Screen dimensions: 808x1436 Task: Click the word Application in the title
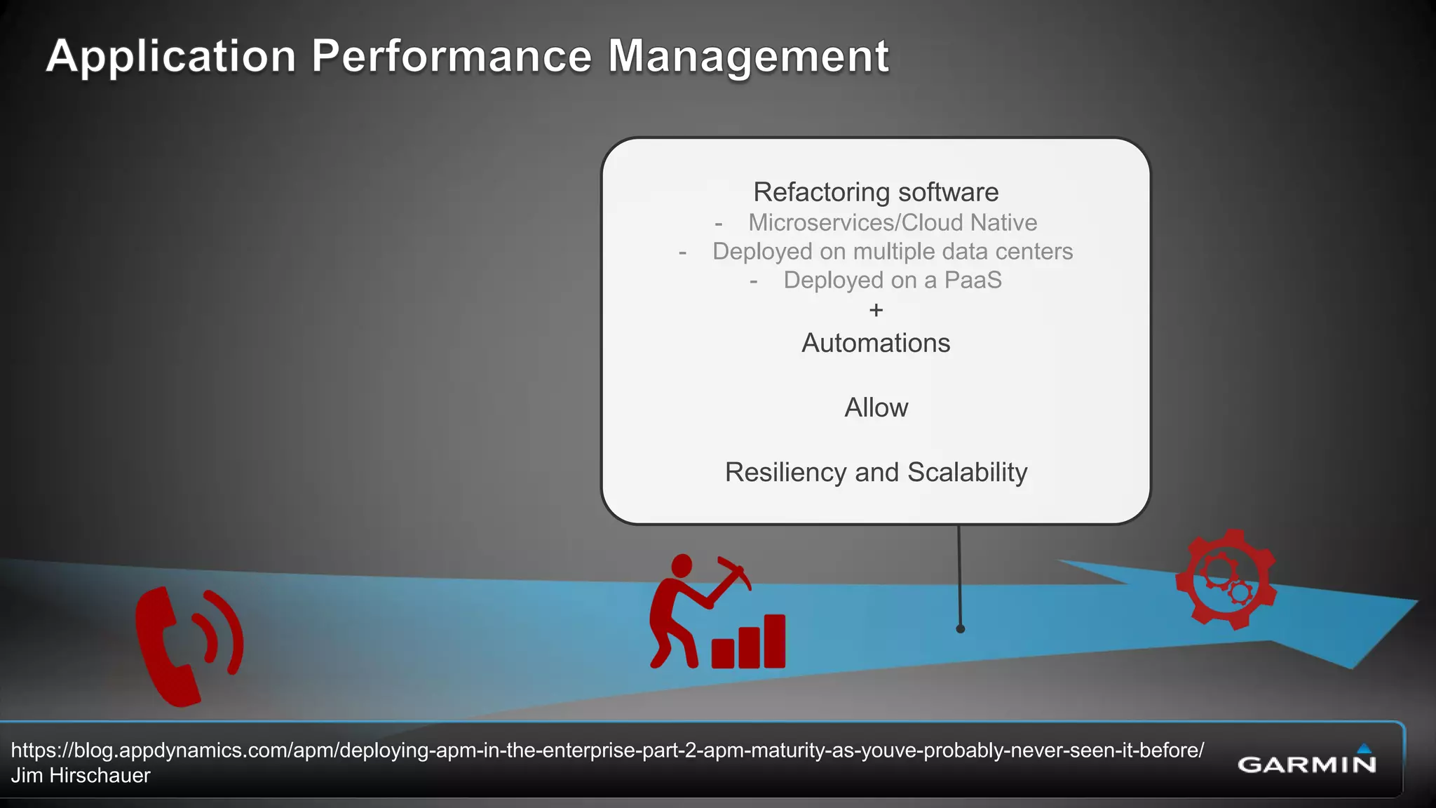pyautogui.click(x=171, y=56)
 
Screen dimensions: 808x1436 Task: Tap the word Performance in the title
pyautogui.click(x=452, y=56)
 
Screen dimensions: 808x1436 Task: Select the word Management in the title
pyautogui.click(x=748, y=56)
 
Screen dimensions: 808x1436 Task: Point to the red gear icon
pyautogui.click(x=1226, y=579)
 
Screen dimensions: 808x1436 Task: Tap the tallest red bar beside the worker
pyautogui.click(x=774, y=641)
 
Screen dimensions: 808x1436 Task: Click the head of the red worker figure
pyautogui.click(x=682, y=565)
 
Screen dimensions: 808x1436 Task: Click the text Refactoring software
pyautogui.click(x=876, y=192)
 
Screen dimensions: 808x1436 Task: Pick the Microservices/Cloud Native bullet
pyautogui.click(x=892, y=222)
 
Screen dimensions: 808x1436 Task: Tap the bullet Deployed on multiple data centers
pyautogui.click(x=892, y=251)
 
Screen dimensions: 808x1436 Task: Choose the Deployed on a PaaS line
pyautogui.click(x=892, y=280)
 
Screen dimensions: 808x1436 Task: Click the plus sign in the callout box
pyautogui.click(x=876, y=310)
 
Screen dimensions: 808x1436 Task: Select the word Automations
pyautogui.click(x=876, y=343)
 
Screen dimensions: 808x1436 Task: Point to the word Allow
pyautogui.click(x=876, y=408)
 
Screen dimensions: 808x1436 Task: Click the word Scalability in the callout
pyautogui.click(x=967, y=472)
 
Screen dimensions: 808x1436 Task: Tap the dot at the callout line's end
pyautogui.click(x=961, y=628)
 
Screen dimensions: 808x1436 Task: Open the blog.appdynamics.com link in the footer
pyautogui.click(x=607, y=750)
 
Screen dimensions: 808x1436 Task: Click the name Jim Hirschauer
pyautogui.click(x=81, y=776)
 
